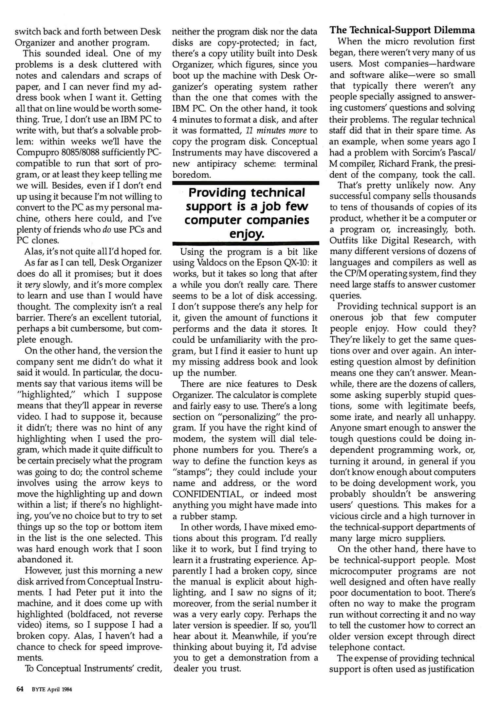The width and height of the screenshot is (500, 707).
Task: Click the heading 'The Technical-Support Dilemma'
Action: click(402, 30)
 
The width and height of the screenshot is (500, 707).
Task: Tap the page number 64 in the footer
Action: click(20, 689)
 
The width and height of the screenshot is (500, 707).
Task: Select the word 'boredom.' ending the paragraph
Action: click(192, 175)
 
